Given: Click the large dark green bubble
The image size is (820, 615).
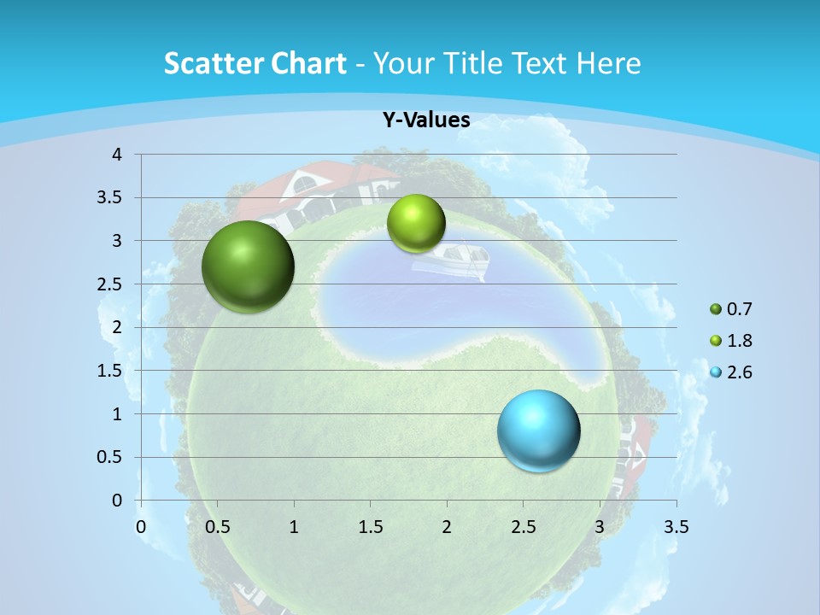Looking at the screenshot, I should (248, 266).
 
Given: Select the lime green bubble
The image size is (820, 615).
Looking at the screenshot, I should (416, 224).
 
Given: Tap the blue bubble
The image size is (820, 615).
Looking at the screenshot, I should (538, 430).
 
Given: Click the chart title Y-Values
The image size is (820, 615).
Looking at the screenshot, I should (425, 120).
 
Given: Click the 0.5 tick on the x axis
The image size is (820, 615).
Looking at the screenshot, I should (218, 527).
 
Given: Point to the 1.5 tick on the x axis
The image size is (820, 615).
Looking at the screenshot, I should (371, 527).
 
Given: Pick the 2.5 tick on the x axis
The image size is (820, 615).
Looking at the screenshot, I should (524, 527).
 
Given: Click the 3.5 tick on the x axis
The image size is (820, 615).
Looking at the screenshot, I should (676, 527).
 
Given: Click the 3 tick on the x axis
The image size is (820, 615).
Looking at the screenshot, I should (600, 527).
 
